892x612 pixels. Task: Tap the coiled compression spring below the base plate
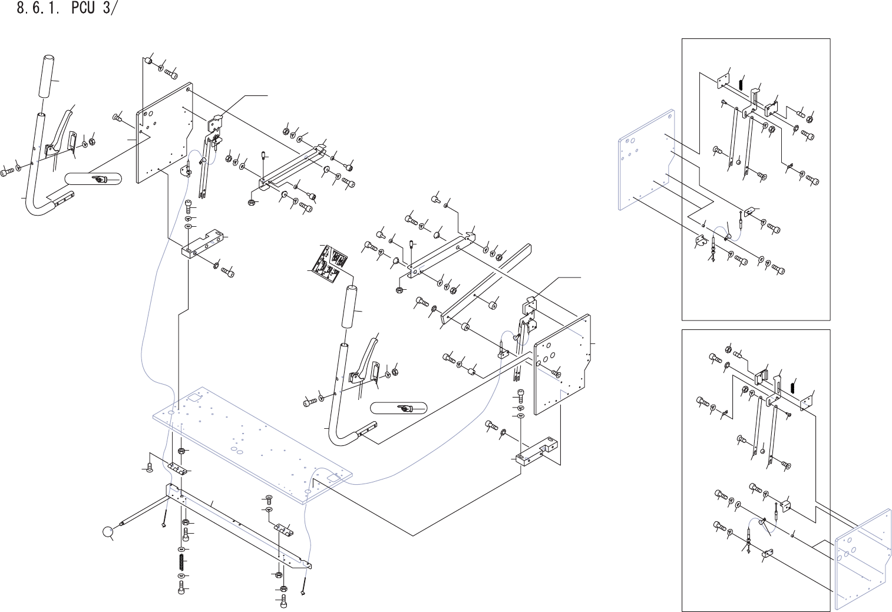pos(182,561)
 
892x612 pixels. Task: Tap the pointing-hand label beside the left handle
pos(92,178)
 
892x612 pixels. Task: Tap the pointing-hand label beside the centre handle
pos(398,408)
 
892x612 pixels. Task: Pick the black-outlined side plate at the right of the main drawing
pos(563,365)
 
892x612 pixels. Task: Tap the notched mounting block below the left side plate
pos(203,244)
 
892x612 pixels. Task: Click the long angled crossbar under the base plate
pos(236,519)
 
